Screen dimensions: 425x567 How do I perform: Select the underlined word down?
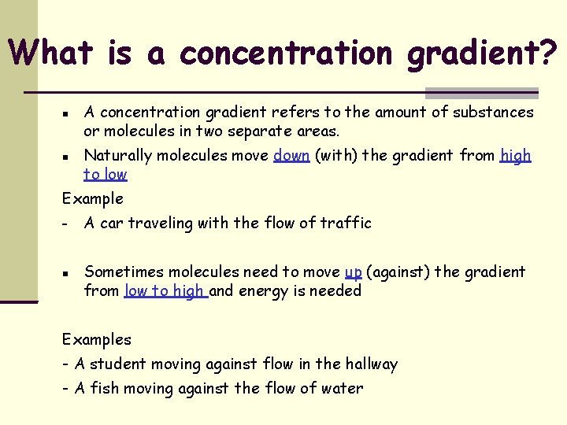coord(291,156)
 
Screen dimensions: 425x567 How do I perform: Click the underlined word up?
coord(353,272)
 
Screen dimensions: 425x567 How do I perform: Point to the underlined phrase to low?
coord(106,175)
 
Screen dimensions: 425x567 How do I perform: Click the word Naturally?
coord(117,156)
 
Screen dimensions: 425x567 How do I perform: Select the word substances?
coord(493,113)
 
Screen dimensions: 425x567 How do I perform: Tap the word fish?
coord(103,389)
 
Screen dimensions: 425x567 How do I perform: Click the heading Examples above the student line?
coord(97,340)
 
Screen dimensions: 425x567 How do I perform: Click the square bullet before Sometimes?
coord(68,272)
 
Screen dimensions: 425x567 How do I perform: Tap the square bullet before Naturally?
coord(68,156)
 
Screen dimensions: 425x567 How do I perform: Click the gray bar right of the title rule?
coord(481,92)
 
